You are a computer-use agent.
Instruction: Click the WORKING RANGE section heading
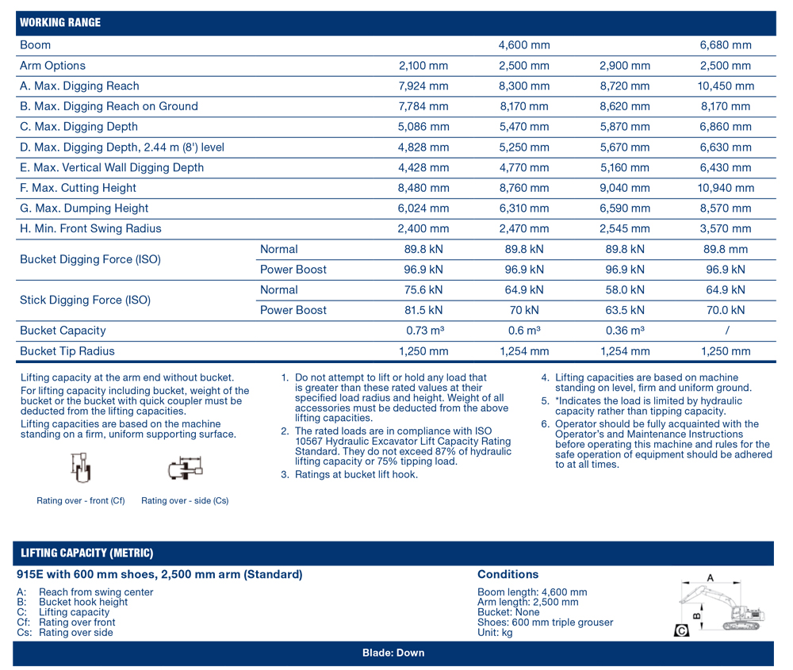point(60,22)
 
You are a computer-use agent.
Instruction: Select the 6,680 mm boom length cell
point(725,45)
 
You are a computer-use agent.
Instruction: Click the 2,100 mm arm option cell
point(423,66)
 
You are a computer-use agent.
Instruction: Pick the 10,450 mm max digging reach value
point(725,86)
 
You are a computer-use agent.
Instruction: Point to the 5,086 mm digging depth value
point(423,127)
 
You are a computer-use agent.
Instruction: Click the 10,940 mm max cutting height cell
point(725,188)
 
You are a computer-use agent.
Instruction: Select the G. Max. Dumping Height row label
point(84,209)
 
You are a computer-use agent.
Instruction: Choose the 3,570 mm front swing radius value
point(725,229)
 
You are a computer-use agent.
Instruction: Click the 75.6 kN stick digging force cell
point(423,290)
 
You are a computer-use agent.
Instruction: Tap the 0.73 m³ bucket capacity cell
point(423,331)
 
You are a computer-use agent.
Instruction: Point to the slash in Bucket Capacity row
point(726,331)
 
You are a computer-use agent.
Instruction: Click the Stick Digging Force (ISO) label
point(85,301)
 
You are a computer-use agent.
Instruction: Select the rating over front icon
point(80,469)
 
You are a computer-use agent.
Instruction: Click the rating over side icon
point(185,469)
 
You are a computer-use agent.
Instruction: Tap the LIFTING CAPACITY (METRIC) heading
point(87,553)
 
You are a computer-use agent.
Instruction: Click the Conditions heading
point(508,575)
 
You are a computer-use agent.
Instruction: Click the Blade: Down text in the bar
point(393,653)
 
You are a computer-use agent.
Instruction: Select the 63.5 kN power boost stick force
point(624,311)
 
